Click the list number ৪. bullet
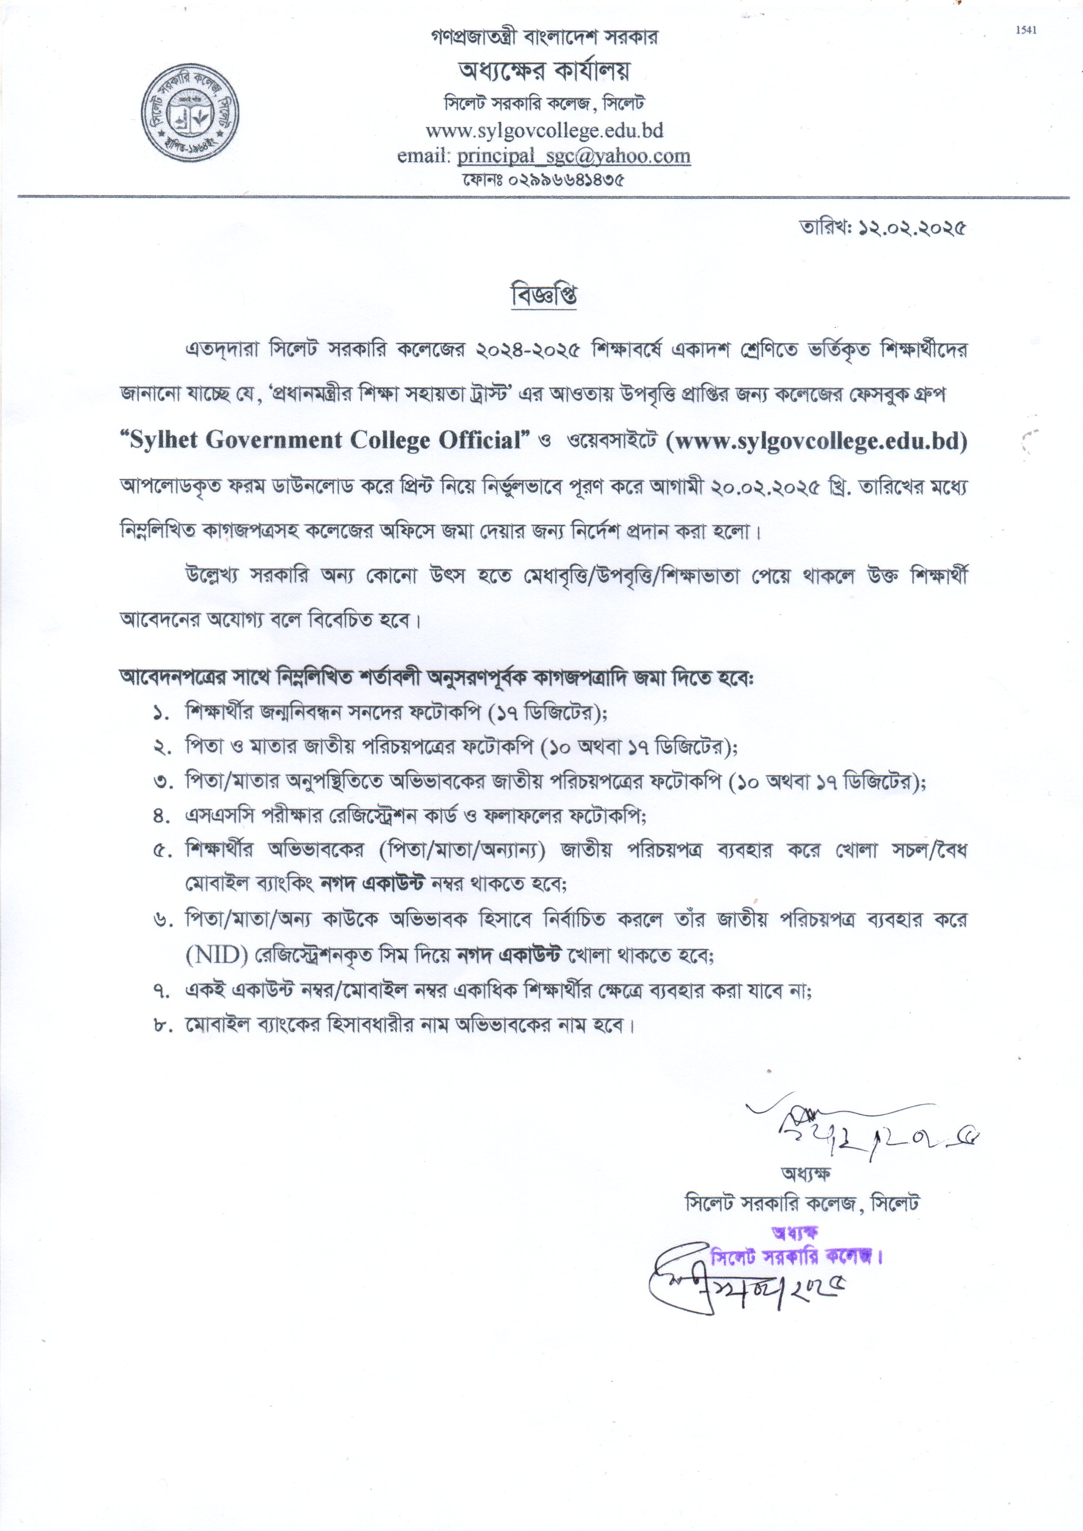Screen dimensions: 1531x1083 point(161,816)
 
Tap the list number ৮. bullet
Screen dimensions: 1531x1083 point(161,1024)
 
